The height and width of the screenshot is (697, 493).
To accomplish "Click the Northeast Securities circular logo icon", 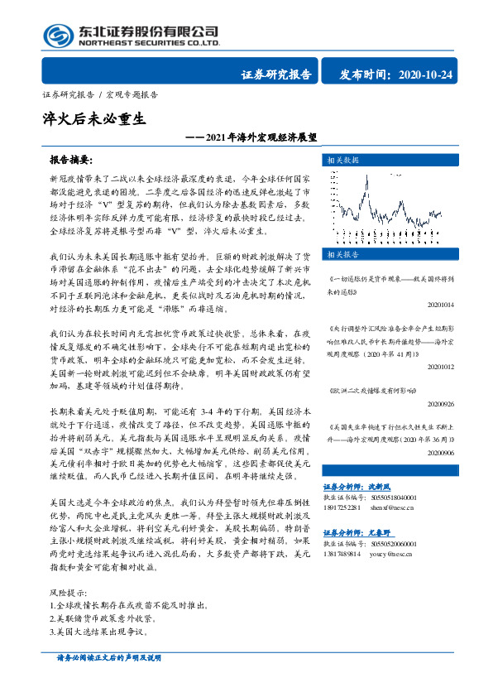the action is point(57,35).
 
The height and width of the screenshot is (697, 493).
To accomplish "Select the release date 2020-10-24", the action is point(425,75).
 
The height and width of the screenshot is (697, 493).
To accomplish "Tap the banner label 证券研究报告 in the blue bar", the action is point(276,75).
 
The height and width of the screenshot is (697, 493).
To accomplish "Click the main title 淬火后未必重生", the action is point(93,118).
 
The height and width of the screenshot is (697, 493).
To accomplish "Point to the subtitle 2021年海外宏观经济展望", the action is point(261,138).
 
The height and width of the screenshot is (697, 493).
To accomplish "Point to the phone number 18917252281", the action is point(342,507).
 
